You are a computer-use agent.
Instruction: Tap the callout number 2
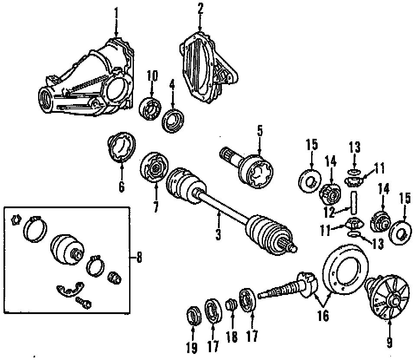coord(200,8)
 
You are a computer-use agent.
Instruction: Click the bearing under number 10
coord(150,108)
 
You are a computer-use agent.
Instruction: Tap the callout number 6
coord(121,187)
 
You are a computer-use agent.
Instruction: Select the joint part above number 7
coord(154,169)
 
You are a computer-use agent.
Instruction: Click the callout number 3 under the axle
coord(218,235)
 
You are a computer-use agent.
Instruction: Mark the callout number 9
coord(389,343)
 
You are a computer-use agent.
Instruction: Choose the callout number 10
coord(153,75)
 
